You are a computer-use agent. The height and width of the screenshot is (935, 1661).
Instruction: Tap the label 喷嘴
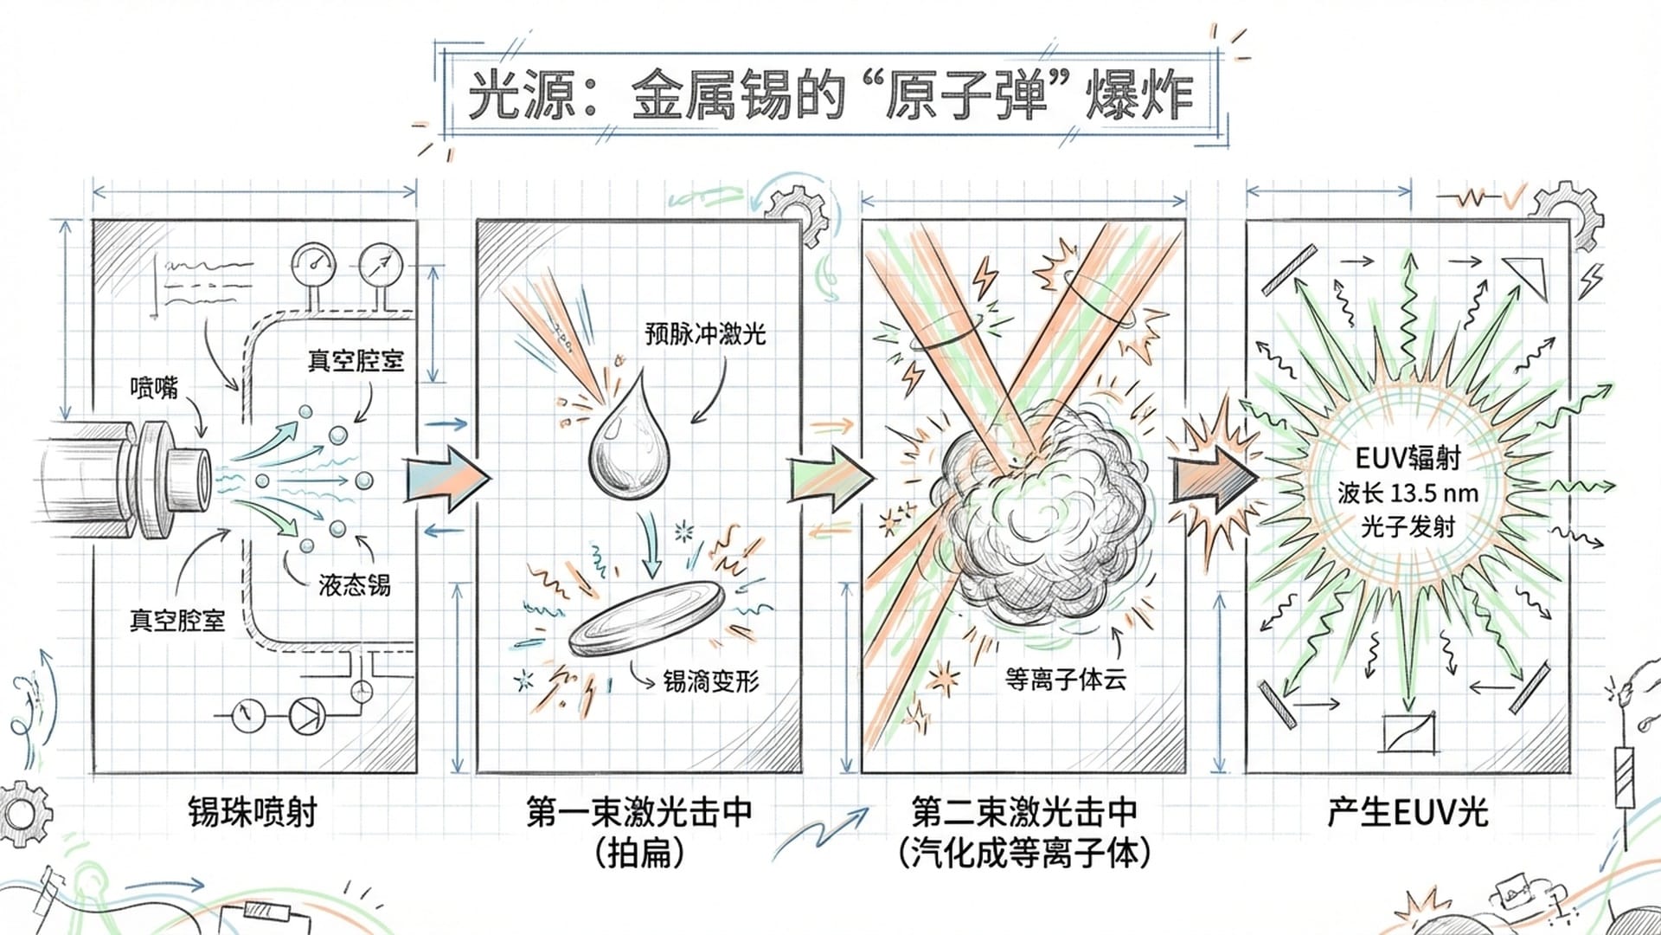(154, 387)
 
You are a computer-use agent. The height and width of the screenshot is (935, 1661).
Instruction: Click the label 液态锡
(355, 585)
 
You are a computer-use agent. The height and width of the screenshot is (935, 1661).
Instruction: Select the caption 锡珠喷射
(253, 812)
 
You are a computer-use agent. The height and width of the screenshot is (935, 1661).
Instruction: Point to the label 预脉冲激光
(705, 334)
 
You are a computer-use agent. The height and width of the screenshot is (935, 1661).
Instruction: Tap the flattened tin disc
(647, 618)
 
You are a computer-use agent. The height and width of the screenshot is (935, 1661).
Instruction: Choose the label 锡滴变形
(711, 681)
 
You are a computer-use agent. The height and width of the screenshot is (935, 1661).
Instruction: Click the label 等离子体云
(1066, 680)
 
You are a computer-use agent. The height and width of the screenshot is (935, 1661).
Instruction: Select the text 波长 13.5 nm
(1408, 493)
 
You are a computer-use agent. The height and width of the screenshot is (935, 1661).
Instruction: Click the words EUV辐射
(1408, 458)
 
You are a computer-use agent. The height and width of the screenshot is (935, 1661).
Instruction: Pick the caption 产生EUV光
(1408, 812)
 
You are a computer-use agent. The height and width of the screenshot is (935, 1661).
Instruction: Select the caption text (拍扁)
(640, 854)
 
